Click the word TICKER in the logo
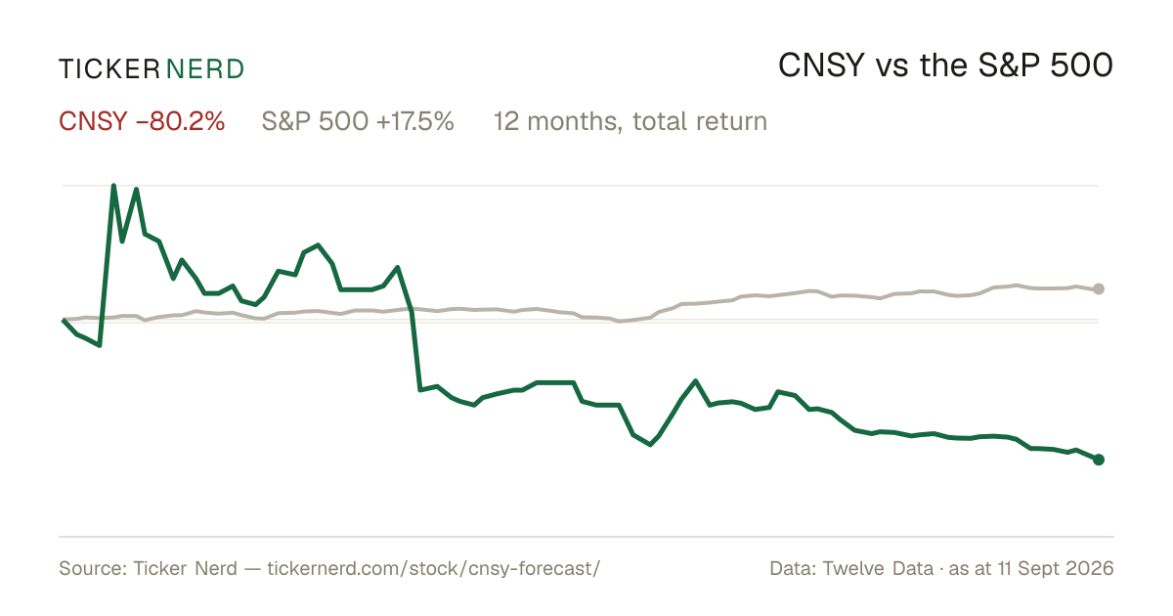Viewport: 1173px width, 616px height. [109, 69]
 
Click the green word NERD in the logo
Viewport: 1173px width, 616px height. [204, 69]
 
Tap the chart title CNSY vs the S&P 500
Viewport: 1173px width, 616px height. [946, 66]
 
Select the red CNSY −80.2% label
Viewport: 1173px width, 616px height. [142, 121]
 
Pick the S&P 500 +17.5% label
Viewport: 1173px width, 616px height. [358, 121]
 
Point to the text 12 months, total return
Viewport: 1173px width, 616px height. [630, 121]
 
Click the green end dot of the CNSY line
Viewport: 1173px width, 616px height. [1099, 460]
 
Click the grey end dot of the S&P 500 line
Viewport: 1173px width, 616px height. [1099, 288]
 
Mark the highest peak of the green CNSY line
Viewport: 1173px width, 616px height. [113, 186]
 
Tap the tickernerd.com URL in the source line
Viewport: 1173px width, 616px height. [434, 568]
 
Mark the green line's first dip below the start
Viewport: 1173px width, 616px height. [100, 346]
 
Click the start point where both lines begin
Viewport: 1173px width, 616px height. [63, 320]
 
